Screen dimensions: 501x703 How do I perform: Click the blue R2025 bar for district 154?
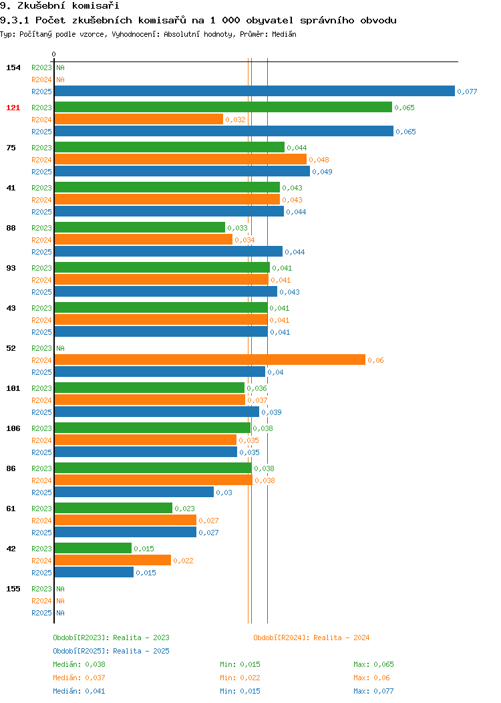tap(255, 91)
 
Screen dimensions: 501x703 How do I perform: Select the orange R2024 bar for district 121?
tap(139, 119)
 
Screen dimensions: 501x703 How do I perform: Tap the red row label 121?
tap(13, 108)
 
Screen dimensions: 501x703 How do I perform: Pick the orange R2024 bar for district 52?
tap(210, 360)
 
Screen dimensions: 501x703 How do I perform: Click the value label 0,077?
tap(467, 92)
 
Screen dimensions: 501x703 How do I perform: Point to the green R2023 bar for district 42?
tap(93, 548)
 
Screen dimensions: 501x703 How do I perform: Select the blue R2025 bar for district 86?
tap(134, 492)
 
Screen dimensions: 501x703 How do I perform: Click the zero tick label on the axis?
tap(54, 54)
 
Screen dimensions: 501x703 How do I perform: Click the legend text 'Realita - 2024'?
tap(341, 638)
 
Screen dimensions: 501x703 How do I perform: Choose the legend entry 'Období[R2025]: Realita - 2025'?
tap(111, 651)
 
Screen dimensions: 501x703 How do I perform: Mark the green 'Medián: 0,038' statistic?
tap(79, 664)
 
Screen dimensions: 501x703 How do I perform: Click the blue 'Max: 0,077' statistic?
tap(373, 692)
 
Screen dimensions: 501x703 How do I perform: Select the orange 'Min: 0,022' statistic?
tap(240, 678)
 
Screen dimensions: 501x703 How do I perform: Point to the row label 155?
tap(13, 589)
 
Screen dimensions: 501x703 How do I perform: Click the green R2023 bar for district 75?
tap(170, 147)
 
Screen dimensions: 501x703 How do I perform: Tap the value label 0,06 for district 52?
tap(375, 360)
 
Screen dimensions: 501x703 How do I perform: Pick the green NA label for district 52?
tap(61, 348)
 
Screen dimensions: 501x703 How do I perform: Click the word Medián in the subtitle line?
tap(284, 34)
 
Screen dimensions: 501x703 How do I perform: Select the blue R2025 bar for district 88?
tap(168, 251)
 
